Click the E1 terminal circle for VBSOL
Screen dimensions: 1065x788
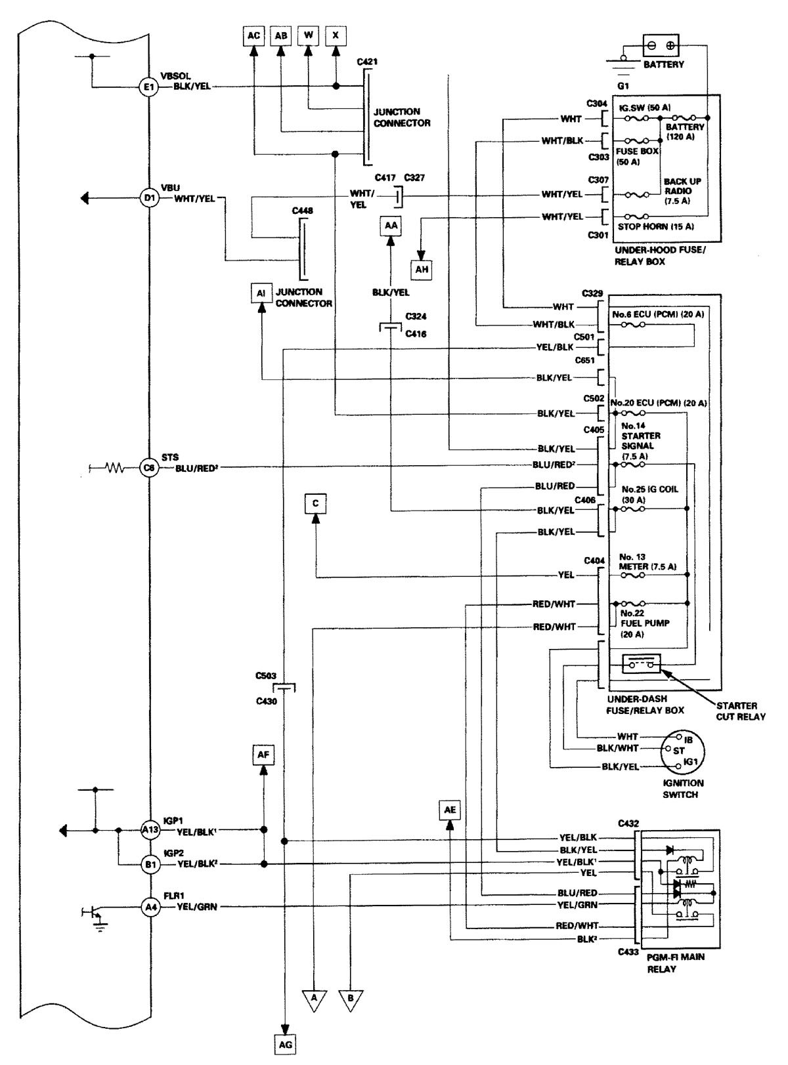click(x=148, y=87)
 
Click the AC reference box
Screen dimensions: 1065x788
click(x=253, y=35)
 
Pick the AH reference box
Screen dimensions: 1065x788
click(x=422, y=269)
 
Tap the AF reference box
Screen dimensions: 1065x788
click(x=263, y=755)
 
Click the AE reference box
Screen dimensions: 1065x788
click(x=450, y=810)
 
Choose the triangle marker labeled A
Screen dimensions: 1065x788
click(x=314, y=999)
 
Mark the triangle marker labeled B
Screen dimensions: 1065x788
click(x=351, y=999)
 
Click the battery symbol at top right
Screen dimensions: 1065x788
click(x=660, y=45)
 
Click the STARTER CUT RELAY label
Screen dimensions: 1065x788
click(x=740, y=711)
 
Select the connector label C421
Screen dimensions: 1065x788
click(x=368, y=62)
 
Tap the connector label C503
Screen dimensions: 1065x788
click(x=266, y=676)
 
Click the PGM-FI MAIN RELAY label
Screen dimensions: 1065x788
click(x=676, y=963)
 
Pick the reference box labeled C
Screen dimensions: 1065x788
click(x=316, y=503)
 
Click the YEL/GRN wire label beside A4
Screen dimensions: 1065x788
click(x=197, y=908)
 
